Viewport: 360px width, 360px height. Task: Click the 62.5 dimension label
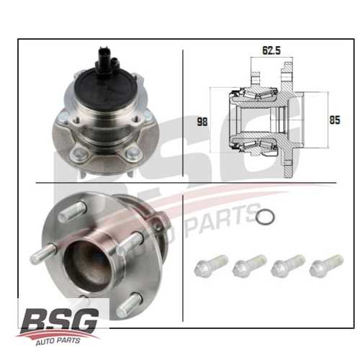[271, 50]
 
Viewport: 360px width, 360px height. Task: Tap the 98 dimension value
[202, 122]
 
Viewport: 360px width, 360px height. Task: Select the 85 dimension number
[335, 120]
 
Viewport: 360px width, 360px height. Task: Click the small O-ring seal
[265, 217]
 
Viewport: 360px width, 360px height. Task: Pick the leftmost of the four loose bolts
[211, 264]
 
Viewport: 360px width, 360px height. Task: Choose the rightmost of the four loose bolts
[326, 266]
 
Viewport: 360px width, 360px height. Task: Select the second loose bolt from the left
[250, 266]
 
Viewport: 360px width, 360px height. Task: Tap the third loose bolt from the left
[288, 266]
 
